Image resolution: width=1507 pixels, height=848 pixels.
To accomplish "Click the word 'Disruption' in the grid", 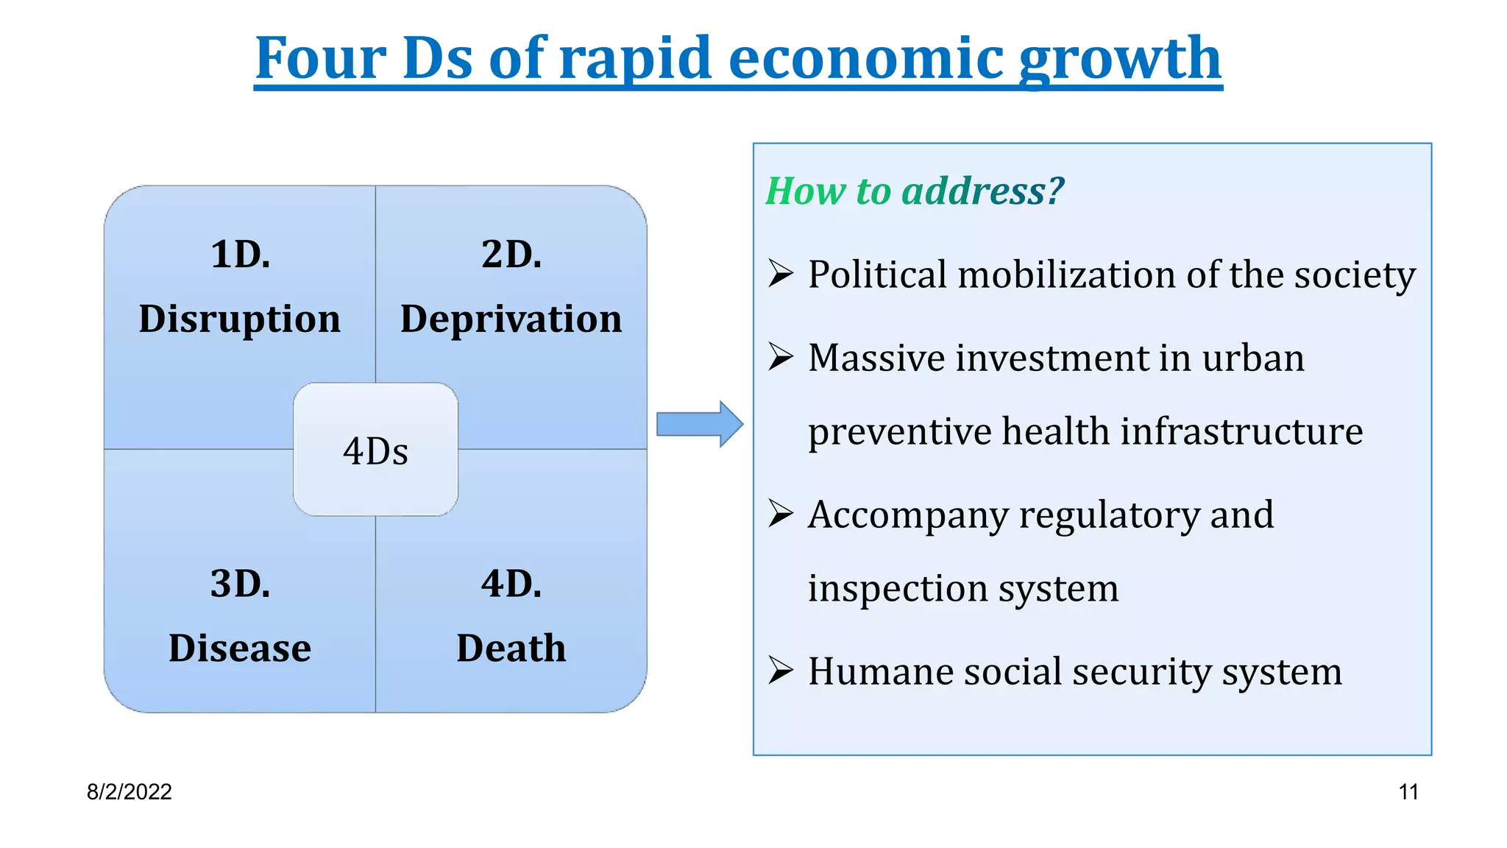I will [x=239, y=319].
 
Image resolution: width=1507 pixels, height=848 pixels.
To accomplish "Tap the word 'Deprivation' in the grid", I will [x=511, y=319].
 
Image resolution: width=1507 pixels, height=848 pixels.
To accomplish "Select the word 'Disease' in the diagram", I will [x=240, y=649].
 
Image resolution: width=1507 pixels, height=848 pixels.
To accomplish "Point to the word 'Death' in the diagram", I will [x=511, y=649].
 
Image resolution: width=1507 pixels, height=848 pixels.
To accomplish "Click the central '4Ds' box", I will [x=375, y=450].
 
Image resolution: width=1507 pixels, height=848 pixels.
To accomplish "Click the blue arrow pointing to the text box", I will [x=699, y=424].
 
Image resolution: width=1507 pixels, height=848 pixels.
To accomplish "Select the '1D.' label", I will [x=240, y=255].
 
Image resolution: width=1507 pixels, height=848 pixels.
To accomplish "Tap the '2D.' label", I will [x=511, y=255].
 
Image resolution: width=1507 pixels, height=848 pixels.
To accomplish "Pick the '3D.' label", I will [x=240, y=584].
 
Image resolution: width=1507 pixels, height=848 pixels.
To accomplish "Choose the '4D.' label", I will [x=511, y=584].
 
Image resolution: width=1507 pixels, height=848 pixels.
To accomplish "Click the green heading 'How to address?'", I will [x=915, y=191].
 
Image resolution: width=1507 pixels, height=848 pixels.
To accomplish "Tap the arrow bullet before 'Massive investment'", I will [x=780, y=357].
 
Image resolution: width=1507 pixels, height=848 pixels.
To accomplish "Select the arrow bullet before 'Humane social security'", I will [x=780, y=671].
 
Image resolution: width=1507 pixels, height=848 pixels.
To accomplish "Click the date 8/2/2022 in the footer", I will [x=129, y=792].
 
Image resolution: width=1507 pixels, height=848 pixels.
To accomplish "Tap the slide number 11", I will [x=1408, y=792].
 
